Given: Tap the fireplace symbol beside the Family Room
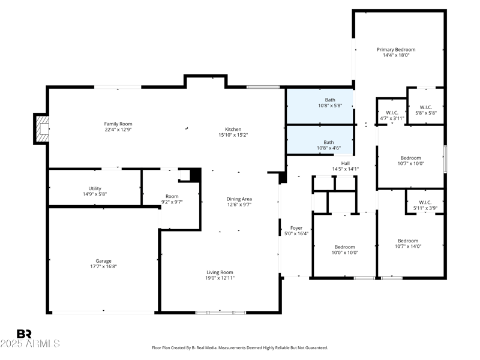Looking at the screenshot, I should point(41,128).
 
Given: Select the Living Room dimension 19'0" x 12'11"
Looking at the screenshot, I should point(220,278).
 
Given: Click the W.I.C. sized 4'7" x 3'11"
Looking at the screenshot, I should point(392,115).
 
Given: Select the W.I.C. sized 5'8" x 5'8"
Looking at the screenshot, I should point(425,110).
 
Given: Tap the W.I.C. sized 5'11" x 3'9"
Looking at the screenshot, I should point(425,205).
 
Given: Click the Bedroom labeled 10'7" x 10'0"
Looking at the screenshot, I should point(410,160).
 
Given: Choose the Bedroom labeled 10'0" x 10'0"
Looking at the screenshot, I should point(344,250).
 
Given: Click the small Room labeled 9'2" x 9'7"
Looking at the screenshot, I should point(172,199).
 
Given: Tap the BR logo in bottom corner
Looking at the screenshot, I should point(24,334).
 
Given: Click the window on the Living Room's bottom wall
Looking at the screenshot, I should point(221,312).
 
